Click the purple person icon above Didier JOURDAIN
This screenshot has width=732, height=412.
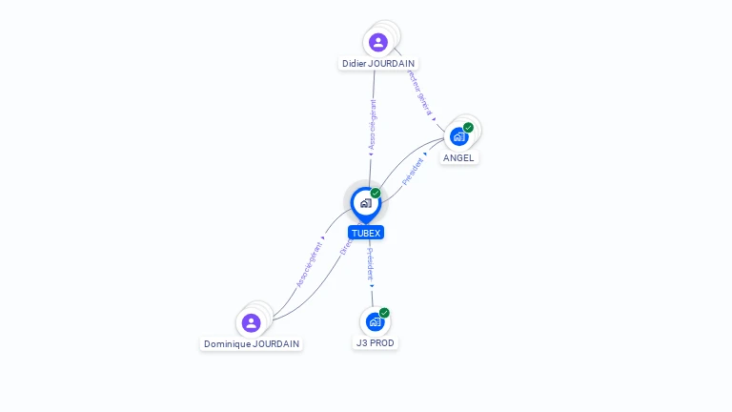click(377, 42)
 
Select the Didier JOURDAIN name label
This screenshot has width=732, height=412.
click(378, 64)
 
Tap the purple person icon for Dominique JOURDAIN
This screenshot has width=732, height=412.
click(251, 322)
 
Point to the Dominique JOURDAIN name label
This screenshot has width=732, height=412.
click(252, 343)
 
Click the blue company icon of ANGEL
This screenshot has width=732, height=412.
click(458, 136)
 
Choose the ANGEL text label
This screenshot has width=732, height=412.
click(458, 157)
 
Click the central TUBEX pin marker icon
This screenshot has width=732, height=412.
click(365, 202)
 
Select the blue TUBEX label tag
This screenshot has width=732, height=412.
click(366, 233)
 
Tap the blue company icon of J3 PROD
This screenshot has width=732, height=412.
click(375, 321)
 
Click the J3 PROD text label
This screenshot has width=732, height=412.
click(376, 342)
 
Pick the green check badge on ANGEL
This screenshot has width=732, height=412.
click(468, 128)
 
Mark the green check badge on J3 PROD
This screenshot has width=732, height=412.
click(384, 313)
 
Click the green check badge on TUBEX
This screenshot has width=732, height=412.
click(376, 194)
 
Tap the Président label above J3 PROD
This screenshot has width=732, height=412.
click(371, 265)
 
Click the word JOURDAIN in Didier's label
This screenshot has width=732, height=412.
click(391, 64)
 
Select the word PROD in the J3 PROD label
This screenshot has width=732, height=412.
click(382, 342)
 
